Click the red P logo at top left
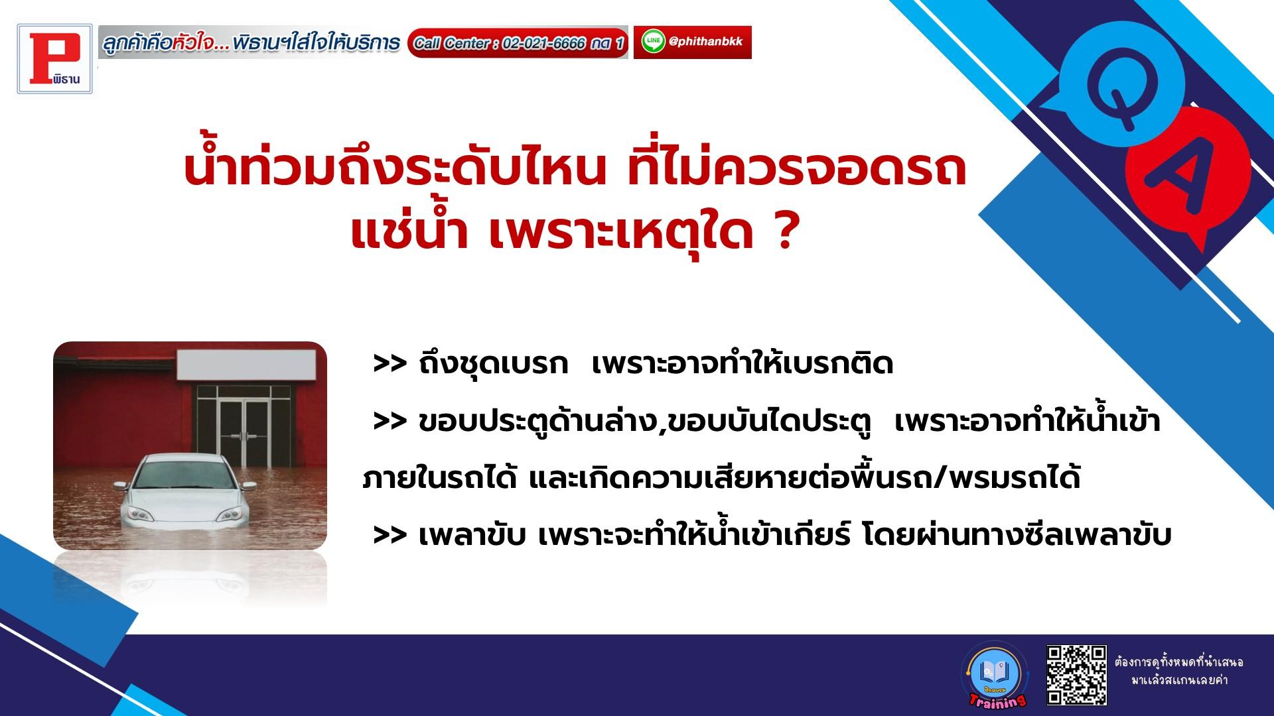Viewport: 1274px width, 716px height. point(55,58)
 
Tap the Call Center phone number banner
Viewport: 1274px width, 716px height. point(518,43)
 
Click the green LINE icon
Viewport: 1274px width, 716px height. point(654,42)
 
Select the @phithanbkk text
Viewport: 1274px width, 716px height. point(706,42)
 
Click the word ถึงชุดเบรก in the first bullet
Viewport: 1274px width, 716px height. point(494,365)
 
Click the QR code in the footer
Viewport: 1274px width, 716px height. point(1076,675)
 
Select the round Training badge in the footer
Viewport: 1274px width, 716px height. point(993,675)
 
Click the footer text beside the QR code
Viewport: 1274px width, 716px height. point(1179,671)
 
